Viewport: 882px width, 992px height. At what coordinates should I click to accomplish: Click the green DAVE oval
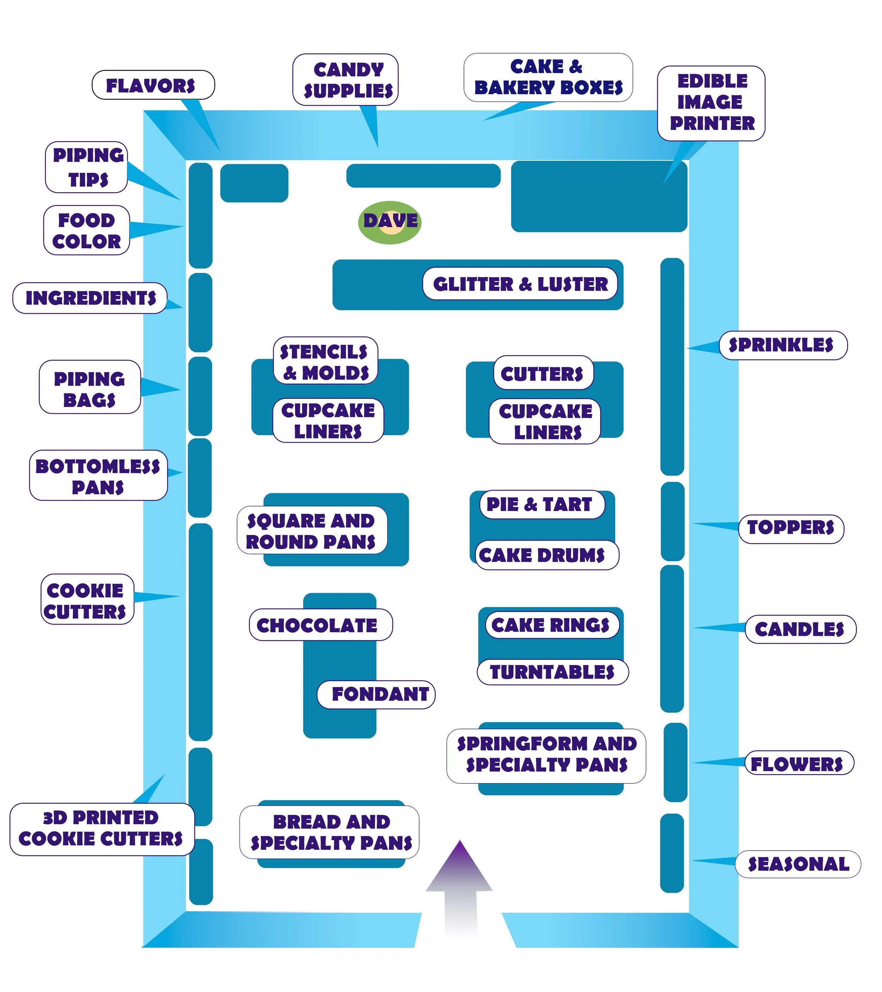pyautogui.click(x=390, y=222)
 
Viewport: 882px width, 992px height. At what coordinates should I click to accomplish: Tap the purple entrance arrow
pyautogui.click(x=460, y=888)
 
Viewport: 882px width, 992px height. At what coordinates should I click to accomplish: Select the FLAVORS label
pyautogui.click(x=152, y=85)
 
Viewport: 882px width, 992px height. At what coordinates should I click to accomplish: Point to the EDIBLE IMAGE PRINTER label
pyautogui.click(x=711, y=102)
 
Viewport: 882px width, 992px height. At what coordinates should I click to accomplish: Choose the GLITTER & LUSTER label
pyautogui.click(x=520, y=284)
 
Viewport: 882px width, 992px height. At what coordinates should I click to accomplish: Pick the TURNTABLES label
pyautogui.click(x=552, y=673)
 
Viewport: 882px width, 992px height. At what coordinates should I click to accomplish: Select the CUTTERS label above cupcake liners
pyautogui.click(x=542, y=374)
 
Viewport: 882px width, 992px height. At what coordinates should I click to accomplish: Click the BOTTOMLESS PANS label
pyautogui.click(x=98, y=476)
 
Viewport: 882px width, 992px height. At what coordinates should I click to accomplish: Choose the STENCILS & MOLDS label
pyautogui.click(x=325, y=361)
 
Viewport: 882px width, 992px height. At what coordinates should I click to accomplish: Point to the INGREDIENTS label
pyautogui.click(x=90, y=298)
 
